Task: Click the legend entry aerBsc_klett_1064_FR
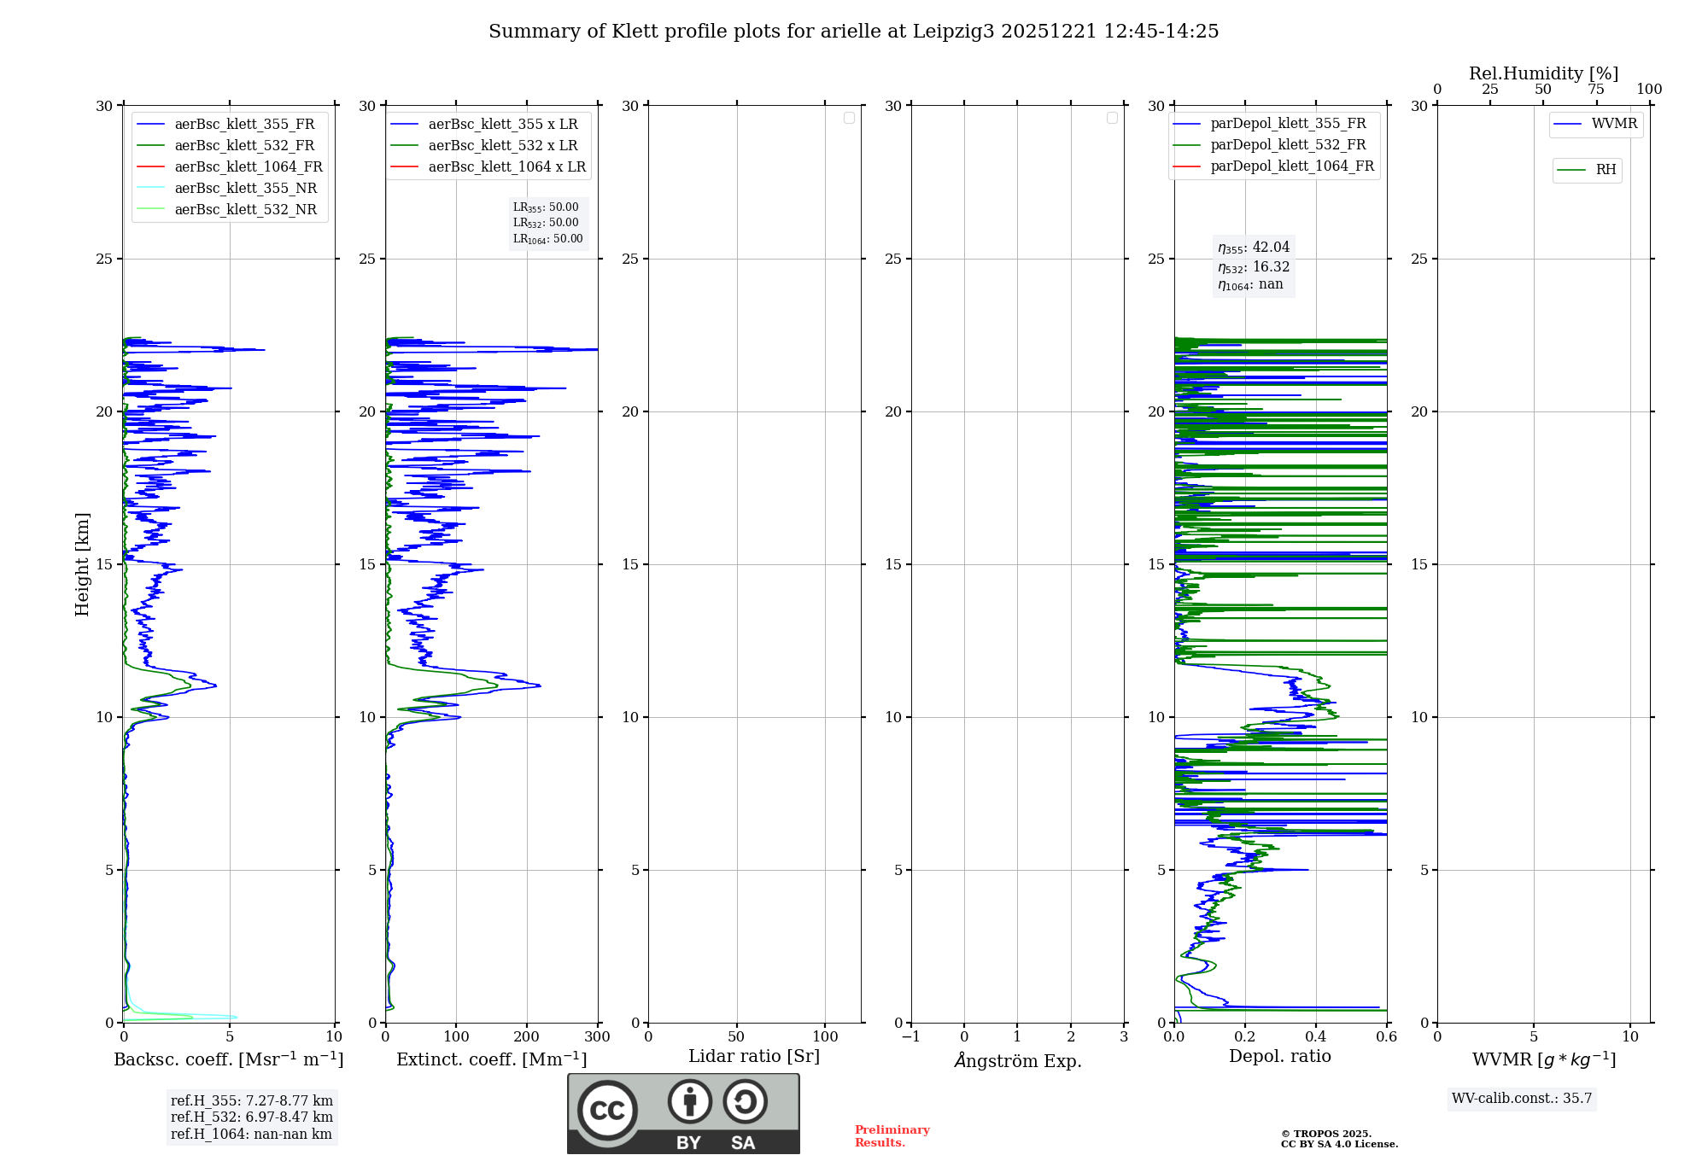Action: tap(249, 166)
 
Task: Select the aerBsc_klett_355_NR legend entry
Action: tap(245, 188)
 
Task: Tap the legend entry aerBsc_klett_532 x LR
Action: tap(502, 145)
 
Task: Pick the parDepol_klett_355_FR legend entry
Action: tap(1288, 124)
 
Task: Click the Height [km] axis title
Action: tap(82, 563)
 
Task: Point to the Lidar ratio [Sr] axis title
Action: tap(754, 1056)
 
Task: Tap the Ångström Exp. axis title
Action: tap(1017, 1060)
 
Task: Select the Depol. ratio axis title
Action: tap(1279, 1056)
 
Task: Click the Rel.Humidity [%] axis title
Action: tap(1543, 73)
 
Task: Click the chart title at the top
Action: tap(853, 32)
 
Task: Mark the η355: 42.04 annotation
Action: tap(1254, 248)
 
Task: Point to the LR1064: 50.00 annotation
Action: tap(547, 239)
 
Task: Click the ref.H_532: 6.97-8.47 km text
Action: tap(252, 1117)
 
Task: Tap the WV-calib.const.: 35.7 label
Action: tap(1522, 1099)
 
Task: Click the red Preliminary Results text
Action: tap(892, 1135)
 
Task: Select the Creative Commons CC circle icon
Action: tap(607, 1110)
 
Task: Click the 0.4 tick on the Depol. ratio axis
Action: tap(1316, 1036)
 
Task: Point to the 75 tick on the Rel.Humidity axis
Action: tap(1595, 89)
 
